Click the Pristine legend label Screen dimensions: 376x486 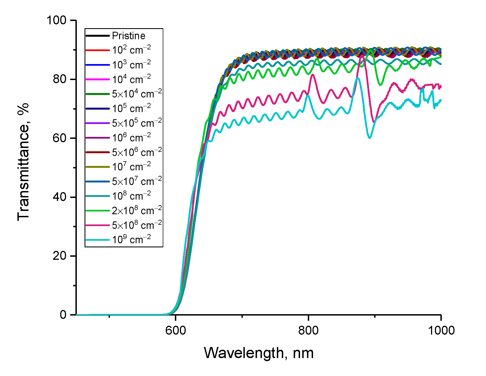[x=128, y=36]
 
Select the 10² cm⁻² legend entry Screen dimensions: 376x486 [x=131, y=50]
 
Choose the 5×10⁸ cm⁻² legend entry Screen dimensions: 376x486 [x=137, y=225]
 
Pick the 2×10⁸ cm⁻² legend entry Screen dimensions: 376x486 [x=137, y=211]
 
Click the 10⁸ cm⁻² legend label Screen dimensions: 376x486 [x=131, y=196]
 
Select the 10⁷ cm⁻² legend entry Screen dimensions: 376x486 [x=131, y=167]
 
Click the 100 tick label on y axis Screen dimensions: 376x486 [x=57, y=20]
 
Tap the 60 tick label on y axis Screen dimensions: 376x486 [x=59, y=138]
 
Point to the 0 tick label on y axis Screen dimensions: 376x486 [x=63, y=315]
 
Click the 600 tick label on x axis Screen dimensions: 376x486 [x=176, y=330]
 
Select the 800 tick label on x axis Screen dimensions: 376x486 [x=308, y=330]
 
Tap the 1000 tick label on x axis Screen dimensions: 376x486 [x=441, y=330]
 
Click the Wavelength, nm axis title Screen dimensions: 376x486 [x=259, y=353]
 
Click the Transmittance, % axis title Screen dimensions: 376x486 [x=23, y=162]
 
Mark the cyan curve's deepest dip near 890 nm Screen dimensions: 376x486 [x=370, y=137]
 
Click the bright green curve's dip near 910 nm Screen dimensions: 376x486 [x=381, y=85]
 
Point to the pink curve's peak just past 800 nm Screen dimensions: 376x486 [x=312, y=75]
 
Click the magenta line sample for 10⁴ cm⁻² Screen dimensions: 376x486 [x=98, y=80]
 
